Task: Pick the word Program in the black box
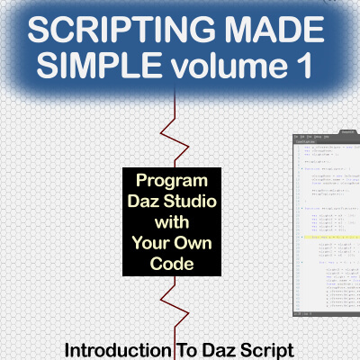(x=170, y=180)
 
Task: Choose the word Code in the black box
(x=170, y=263)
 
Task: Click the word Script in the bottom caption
(x=274, y=347)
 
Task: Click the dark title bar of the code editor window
(x=326, y=139)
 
